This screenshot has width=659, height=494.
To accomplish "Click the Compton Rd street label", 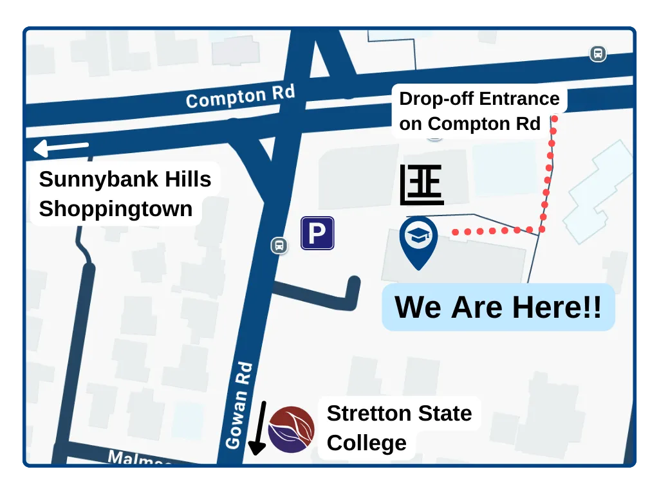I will [x=240, y=96].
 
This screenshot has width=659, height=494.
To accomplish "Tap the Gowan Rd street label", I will [x=237, y=406].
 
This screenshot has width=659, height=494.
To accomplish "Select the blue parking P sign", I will [x=317, y=233].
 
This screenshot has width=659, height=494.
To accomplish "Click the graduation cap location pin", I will [x=418, y=239].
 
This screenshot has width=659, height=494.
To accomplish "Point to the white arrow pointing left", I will [x=60, y=149].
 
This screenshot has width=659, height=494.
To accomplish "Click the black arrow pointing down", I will [x=259, y=428].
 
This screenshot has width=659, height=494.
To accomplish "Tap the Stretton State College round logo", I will [x=291, y=430].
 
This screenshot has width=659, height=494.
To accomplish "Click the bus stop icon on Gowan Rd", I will [x=279, y=245].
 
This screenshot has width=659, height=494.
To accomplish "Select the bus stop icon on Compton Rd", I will [x=598, y=54].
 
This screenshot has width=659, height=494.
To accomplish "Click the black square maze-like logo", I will [x=422, y=185].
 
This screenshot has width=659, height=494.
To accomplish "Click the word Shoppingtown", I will [x=116, y=209].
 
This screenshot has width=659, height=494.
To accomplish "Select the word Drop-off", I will [x=436, y=99].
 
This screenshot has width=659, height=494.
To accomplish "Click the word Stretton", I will [x=364, y=413].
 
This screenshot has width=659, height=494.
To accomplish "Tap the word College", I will [x=366, y=443].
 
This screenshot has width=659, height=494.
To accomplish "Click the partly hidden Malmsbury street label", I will [x=138, y=459].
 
